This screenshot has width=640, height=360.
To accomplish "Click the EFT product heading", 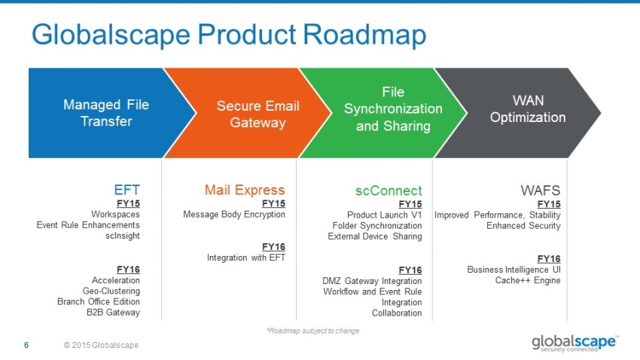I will (126, 190).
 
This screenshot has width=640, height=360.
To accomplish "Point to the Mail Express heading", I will (245, 190).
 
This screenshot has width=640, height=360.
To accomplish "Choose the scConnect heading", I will (389, 190).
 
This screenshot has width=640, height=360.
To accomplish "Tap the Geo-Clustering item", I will (111, 291).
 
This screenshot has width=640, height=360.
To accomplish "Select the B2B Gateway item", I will (113, 312).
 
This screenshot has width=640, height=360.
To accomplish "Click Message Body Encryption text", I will (234, 215).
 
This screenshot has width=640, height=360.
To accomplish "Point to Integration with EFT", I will (246, 258).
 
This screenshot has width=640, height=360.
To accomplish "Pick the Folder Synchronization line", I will (377, 225).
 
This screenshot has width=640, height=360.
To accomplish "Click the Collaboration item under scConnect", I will (397, 313).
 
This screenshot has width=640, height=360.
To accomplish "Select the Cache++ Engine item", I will (528, 280).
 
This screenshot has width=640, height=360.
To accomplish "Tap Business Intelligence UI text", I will (514, 269).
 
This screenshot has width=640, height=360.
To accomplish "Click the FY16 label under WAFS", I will (549, 258).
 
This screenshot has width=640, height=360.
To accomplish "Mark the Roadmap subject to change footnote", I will (312, 331).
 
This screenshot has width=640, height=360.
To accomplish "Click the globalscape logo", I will (574, 343).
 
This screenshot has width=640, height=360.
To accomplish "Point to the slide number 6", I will (26, 345).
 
